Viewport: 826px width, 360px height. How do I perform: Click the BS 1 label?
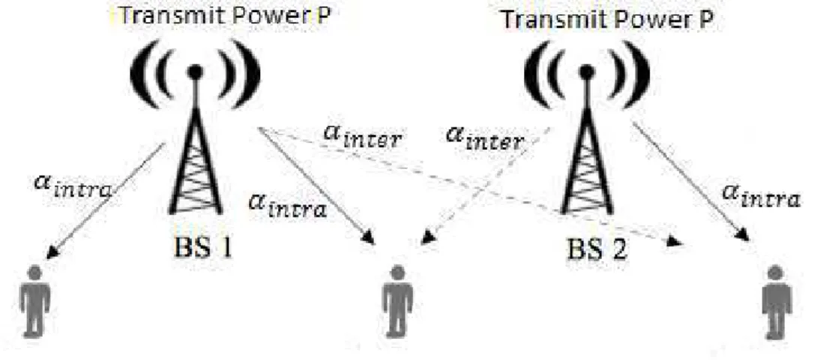[203, 247]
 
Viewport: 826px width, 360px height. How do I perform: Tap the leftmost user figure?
[35, 301]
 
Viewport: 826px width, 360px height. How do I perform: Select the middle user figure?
[398, 301]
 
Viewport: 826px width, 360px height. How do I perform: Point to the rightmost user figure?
[776, 301]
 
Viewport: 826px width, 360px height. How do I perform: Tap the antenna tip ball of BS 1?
[196, 72]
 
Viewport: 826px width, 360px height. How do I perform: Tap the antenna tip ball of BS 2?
[586, 72]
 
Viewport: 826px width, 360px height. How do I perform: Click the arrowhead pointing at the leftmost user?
[52, 252]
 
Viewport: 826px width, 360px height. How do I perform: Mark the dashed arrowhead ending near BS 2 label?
[675, 242]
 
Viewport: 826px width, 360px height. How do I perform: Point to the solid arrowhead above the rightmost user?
[743, 235]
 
